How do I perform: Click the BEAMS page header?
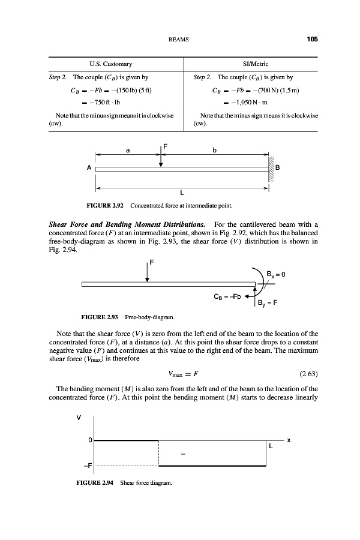[x=180, y=40]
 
